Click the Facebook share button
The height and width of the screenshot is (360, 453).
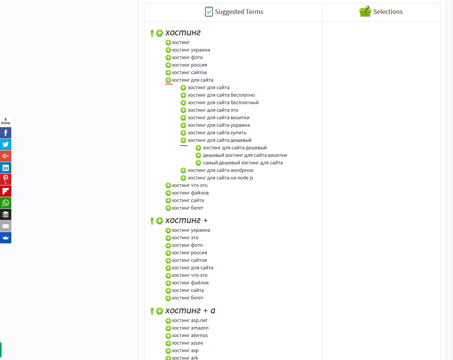[x=6, y=133]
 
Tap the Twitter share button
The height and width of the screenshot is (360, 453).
[x=6, y=144]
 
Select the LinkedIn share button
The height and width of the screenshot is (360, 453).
[x=6, y=168]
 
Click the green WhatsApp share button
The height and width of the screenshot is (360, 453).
[x=6, y=203]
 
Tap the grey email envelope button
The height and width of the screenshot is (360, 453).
[x=6, y=226]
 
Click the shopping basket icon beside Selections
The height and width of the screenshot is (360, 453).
[x=365, y=12]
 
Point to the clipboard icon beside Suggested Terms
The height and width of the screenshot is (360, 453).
[x=209, y=12]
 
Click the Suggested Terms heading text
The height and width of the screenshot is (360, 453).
[x=239, y=12]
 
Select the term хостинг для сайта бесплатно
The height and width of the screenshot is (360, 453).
[x=221, y=95]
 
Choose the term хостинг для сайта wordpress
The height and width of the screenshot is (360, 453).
[x=220, y=170]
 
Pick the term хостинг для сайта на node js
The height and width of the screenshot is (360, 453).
[x=220, y=178]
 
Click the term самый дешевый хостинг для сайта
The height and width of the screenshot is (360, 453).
[x=243, y=163]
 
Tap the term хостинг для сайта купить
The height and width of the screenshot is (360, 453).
[x=217, y=133]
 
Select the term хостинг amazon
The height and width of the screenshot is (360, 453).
[x=190, y=328]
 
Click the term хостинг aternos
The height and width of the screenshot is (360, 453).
[x=189, y=336]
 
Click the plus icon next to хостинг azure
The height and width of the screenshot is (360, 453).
[x=168, y=343]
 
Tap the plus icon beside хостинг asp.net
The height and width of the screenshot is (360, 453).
[x=168, y=321]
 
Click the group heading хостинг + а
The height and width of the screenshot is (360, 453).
[x=190, y=311]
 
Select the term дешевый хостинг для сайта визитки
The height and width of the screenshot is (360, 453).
[x=245, y=155]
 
